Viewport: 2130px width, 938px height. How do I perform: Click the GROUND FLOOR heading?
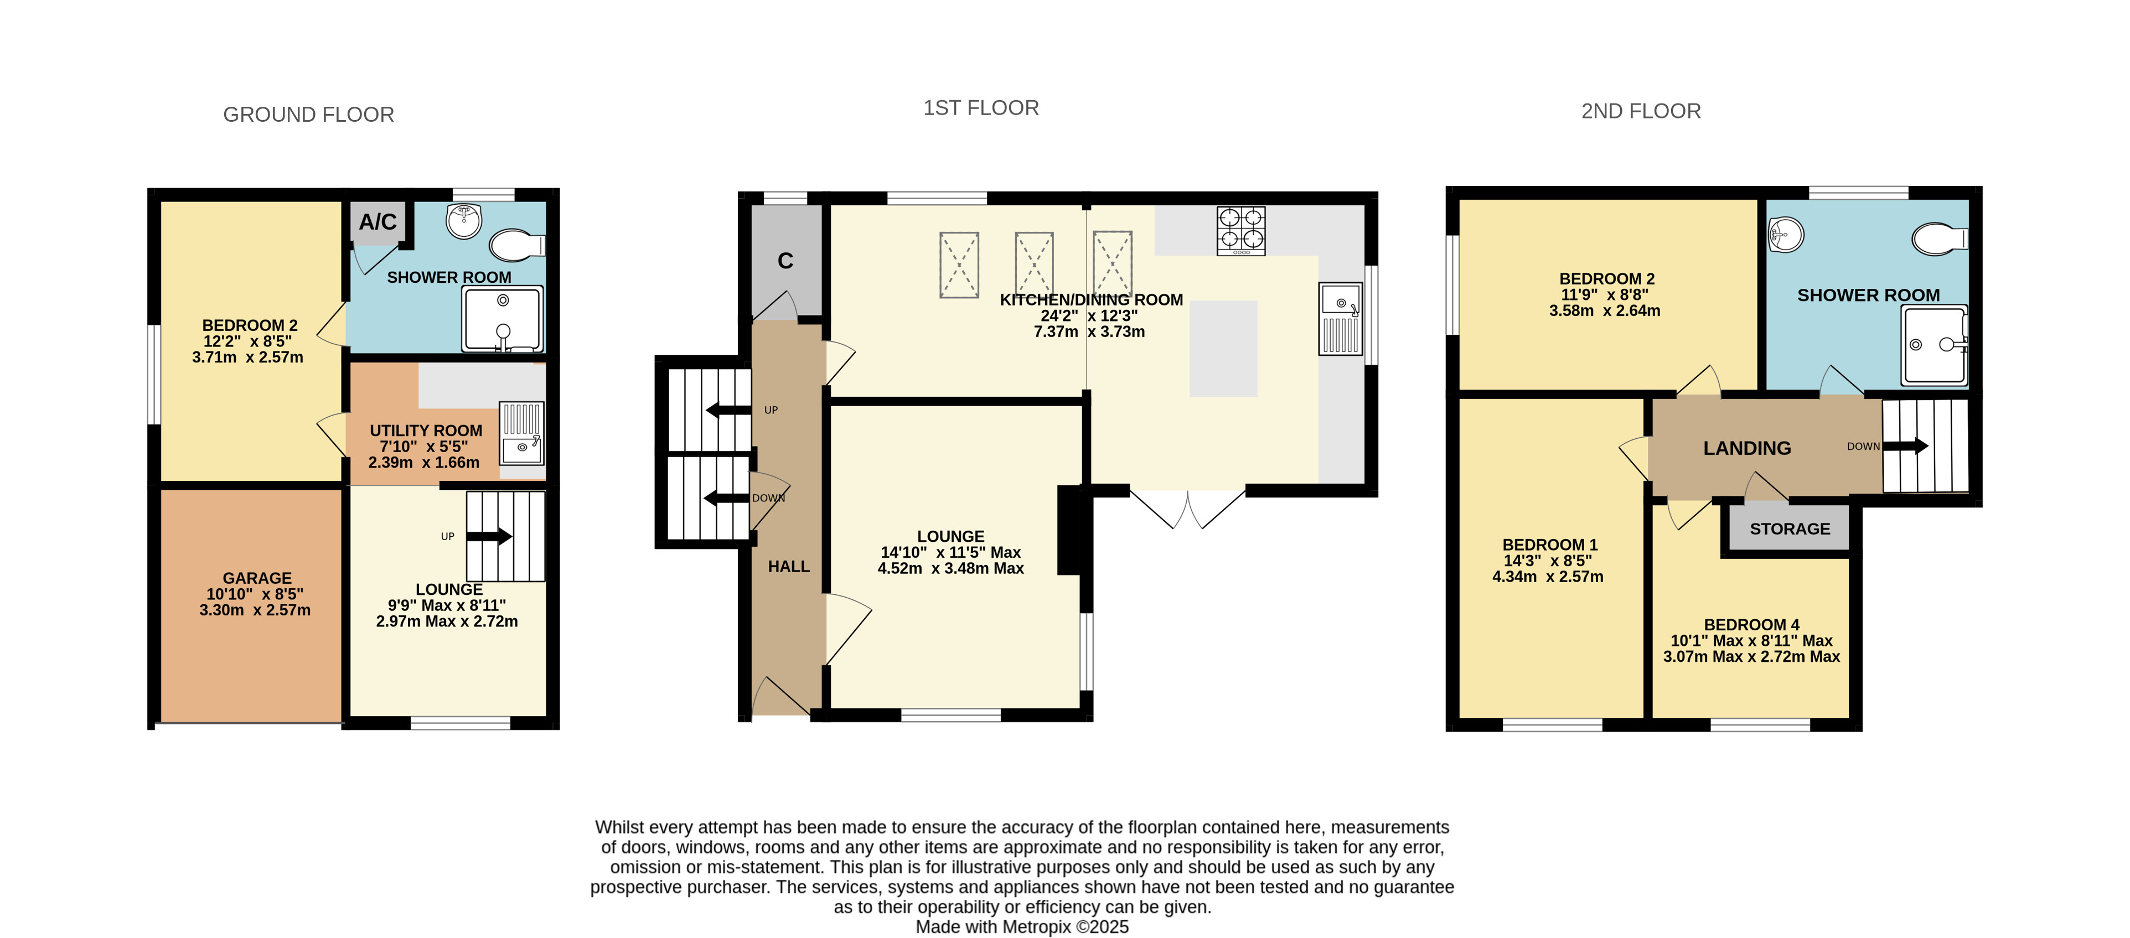[308, 115]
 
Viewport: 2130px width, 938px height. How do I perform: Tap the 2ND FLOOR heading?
[1641, 112]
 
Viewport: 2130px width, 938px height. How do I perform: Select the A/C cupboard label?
[378, 221]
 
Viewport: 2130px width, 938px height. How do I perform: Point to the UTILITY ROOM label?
[426, 431]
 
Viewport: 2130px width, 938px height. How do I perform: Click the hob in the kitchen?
[1240, 231]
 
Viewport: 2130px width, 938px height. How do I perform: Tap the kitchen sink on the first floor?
[1340, 319]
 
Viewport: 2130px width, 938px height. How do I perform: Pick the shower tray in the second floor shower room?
[1934, 345]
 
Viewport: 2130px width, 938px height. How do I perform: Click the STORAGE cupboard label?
[1790, 529]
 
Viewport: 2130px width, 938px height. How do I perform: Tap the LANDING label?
[1747, 448]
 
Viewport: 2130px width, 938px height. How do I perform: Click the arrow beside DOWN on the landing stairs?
[1905, 446]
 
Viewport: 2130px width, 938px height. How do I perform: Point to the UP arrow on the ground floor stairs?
[489, 536]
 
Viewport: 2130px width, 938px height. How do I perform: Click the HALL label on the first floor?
[789, 567]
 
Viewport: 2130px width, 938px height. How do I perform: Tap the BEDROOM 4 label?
[1751, 625]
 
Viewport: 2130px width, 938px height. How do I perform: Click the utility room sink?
[522, 433]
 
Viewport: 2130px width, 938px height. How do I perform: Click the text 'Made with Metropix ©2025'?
[1022, 927]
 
